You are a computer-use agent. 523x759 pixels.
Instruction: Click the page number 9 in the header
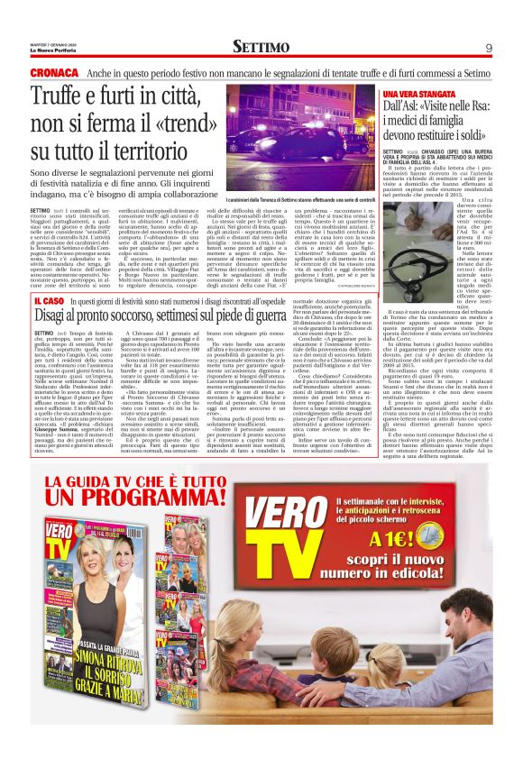(489, 47)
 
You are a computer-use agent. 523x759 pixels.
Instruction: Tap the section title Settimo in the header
(261, 46)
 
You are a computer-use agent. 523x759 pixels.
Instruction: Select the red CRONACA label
(54, 72)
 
